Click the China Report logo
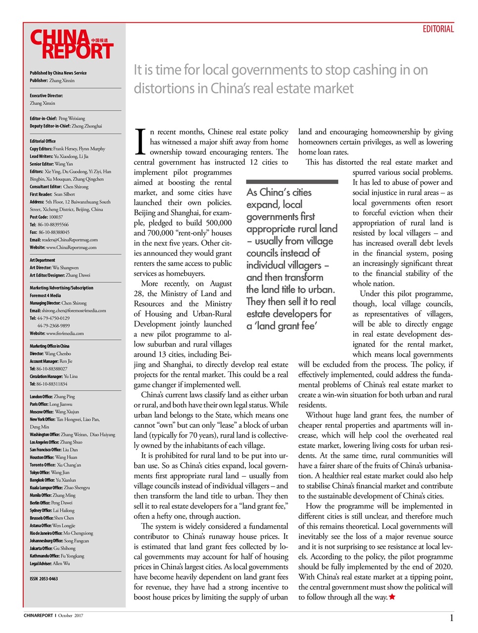[x=72, y=45]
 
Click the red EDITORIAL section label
[x=438, y=29]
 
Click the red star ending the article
[x=392, y=597]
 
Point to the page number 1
[x=451, y=618]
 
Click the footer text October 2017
[x=71, y=616]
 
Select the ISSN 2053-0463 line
[x=44, y=579]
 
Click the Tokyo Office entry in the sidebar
[x=49, y=472]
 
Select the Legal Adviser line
[x=49, y=563]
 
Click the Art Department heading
[x=43, y=260]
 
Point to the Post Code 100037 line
[x=46, y=217]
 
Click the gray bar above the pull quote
[x=292, y=182]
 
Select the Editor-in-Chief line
[x=57, y=119]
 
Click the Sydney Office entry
[x=52, y=510]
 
